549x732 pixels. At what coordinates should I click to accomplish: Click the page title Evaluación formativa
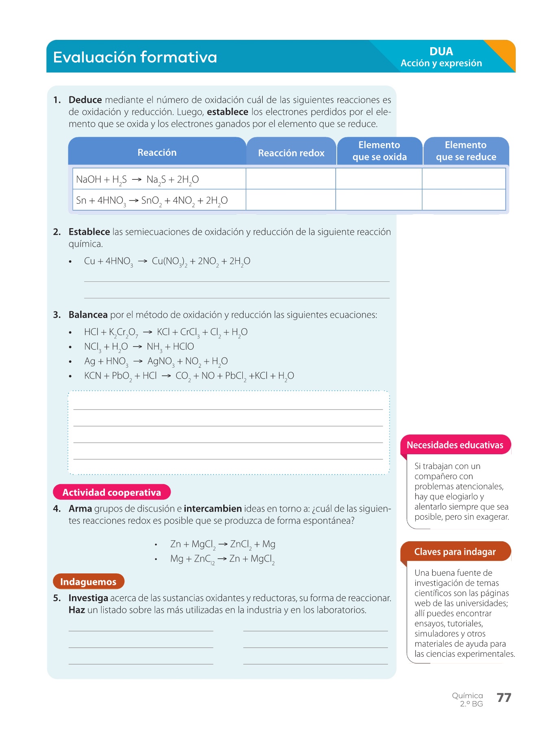coord(135,57)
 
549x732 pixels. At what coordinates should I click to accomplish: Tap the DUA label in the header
coord(441,52)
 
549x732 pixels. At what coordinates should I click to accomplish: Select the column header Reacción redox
coord(291,153)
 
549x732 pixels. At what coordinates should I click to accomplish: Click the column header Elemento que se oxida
coord(379,151)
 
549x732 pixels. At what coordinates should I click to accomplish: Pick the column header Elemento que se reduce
coord(466,151)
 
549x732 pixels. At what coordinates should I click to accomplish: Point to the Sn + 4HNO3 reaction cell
coord(152,200)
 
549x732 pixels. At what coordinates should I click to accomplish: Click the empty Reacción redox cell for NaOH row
coord(291,179)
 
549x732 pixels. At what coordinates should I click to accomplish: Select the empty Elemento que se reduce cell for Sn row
coord(464,200)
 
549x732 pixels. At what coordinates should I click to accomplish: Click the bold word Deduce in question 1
coord(85,100)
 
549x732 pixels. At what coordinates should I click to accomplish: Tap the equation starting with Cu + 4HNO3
coord(167,261)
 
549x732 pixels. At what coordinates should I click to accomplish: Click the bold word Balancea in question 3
coord(88,315)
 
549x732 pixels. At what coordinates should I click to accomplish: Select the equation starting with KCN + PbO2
coord(189,376)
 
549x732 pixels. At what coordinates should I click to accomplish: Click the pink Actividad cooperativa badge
coord(112,492)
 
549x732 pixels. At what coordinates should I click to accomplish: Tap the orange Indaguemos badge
coord(88,582)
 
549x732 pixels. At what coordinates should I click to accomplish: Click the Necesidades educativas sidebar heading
coord(455,445)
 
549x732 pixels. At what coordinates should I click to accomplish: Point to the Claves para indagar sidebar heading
coord(455,552)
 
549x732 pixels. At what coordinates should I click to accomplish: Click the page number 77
coord(504,698)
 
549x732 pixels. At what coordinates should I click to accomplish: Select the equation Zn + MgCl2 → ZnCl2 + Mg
coord(222,545)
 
